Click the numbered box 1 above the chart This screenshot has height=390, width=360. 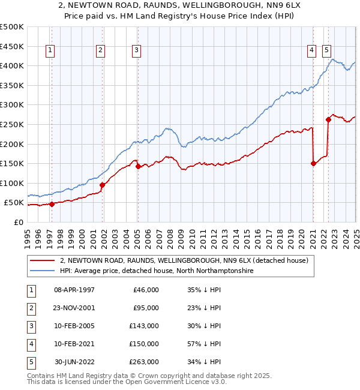click(49, 50)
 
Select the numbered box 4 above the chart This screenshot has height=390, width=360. click(312, 50)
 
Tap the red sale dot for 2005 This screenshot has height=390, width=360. click(138, 166)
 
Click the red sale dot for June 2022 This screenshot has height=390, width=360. click(329, 119)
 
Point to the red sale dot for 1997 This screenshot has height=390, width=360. click(52, 204)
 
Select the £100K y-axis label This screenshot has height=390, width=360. click(12, 183)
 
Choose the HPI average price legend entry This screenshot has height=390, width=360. click(157, 271)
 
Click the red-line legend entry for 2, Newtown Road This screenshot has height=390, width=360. click(184, 260)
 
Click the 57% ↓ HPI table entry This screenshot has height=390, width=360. click(204, 344)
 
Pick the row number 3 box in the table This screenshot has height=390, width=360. click(30, 326)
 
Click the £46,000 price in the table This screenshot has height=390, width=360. click(146, 290)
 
